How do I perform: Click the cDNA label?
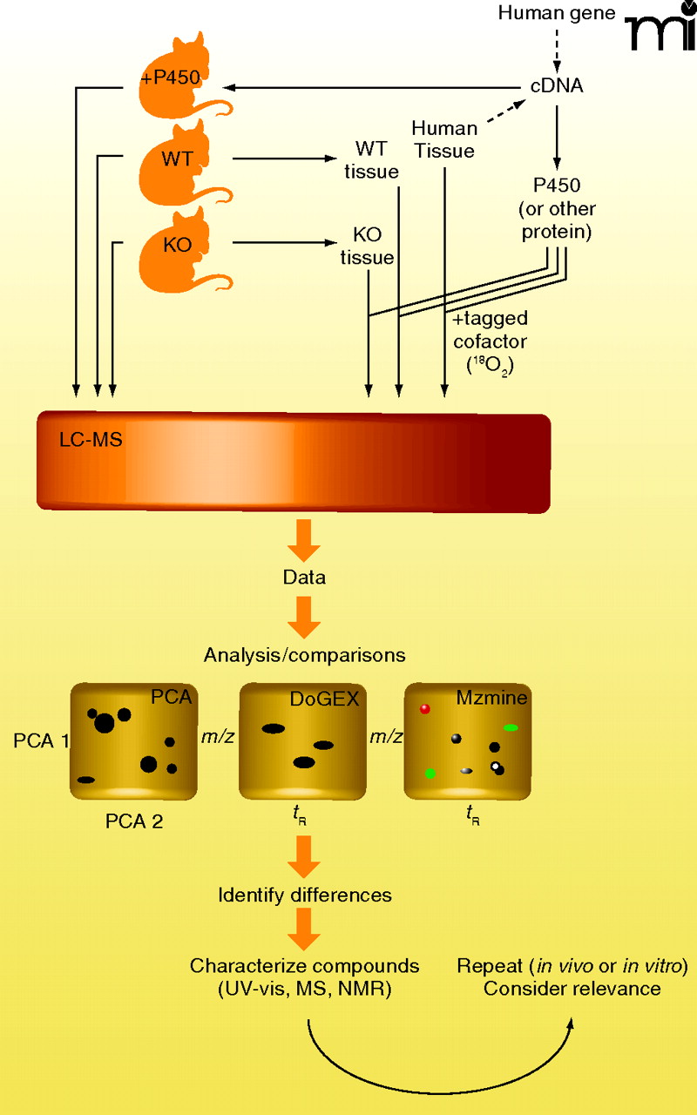tap(558, 86)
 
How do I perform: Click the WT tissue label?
tap(371, 159)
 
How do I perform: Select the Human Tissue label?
tap(444, 139)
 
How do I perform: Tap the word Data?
tap(305, 578)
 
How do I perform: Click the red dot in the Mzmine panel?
tap(425, 709)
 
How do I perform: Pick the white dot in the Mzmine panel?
tap(496, 767)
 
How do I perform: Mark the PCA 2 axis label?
tap(134, 820)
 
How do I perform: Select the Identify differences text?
tap(305, 895)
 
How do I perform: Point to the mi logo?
tap(660, 31)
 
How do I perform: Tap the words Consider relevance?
tap(572, 988)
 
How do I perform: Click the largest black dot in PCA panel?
tap(105, 722)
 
